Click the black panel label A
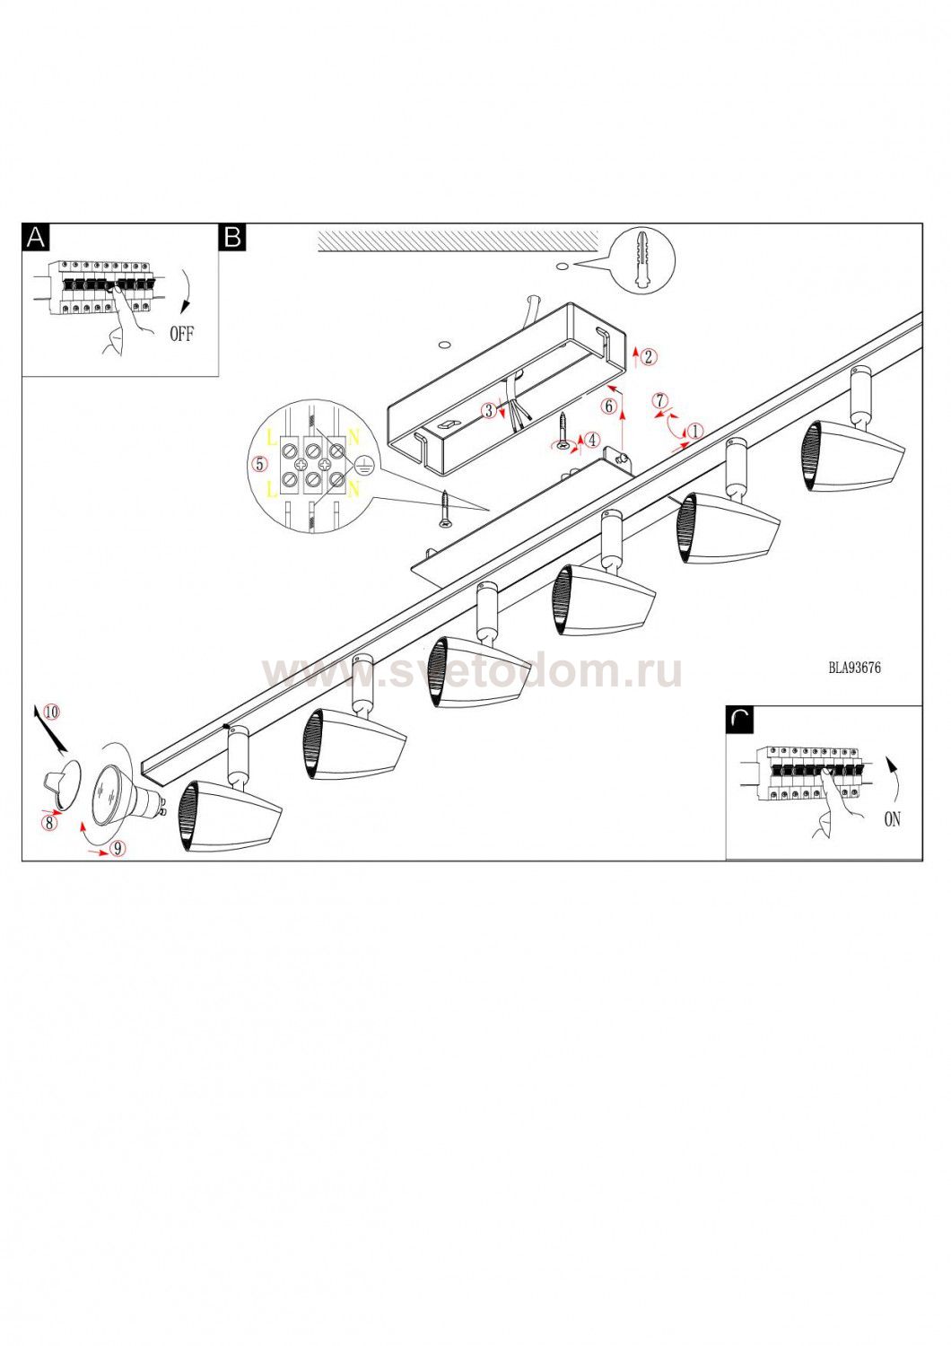pos(36,237)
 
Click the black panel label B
pos(232,237)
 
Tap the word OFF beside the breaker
pos(182,334)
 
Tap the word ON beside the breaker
pos(892,819)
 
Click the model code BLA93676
pos(854,669)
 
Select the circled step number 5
pos(259,464)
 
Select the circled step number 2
pos(648,357)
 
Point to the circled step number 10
pos(52,712)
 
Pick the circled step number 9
pos(118,849)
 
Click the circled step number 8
pos(49,823)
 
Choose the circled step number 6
pos(609,406)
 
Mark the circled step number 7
pos(660,400)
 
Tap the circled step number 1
pos(695,431)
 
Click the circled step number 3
pos(489,410)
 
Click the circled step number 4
pos(592,440)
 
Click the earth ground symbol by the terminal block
pos(362,464)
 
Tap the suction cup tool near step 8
pos(62,783)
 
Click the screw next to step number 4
pos(563,430)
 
